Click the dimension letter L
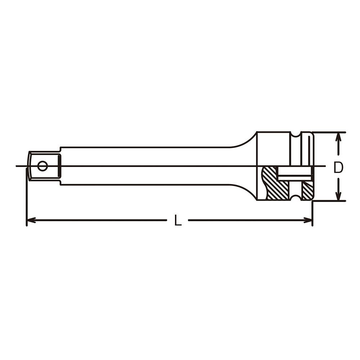tap(178, 220)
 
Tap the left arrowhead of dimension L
tap(31, 220)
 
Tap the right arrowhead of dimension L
tap(308, 220)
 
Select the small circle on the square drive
tap(42, 166)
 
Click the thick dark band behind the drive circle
tap(59, 166)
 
